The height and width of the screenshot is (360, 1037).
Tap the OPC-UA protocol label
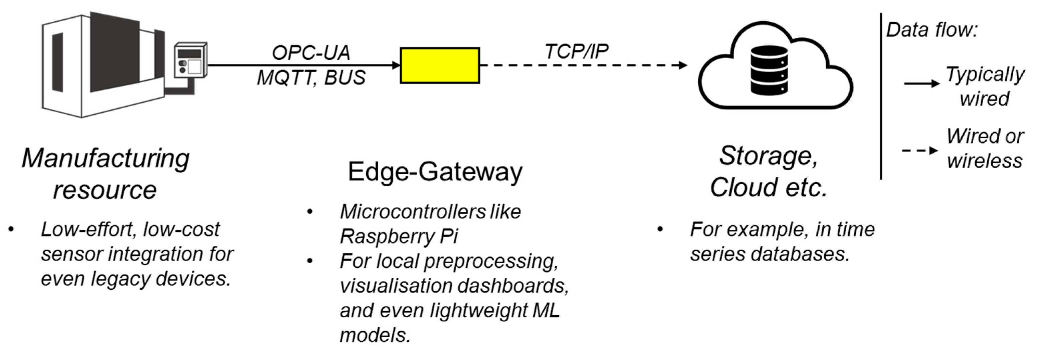311,53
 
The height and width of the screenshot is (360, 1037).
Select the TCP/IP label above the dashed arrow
577,51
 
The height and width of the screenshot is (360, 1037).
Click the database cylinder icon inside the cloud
769,70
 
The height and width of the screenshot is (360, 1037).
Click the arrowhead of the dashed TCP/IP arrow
683,65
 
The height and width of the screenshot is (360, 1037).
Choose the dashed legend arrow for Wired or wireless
920,151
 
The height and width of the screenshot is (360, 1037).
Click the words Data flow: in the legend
932,30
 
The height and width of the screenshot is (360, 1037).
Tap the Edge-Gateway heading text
435,172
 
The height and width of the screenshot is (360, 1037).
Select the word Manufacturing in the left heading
106,158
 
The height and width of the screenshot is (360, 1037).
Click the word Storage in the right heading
768,156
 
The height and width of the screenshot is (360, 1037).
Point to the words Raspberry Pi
399,236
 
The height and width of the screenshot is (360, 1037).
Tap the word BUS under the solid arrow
345,77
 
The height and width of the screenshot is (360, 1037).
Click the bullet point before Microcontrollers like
309,212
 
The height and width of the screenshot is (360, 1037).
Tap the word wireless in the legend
984,161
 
